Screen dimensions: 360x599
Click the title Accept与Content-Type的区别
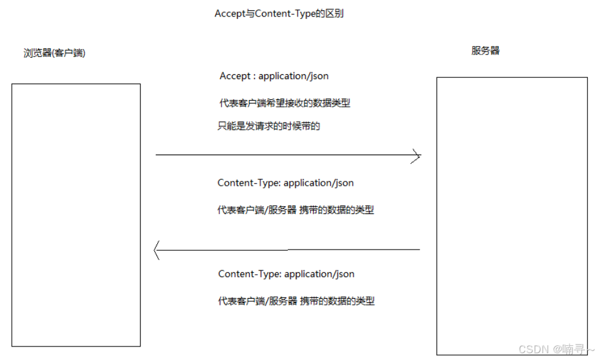click(x=279, y=13)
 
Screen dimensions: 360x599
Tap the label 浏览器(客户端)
click(x=55, y=53)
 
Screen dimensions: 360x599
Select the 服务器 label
click(x=485, y=51)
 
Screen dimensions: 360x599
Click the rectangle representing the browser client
click(x=76, y=215)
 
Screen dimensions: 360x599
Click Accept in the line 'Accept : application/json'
click(x=234, y=76)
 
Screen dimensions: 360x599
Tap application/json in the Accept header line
click(x=293, y=76)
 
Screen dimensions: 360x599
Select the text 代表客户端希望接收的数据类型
click(x=285, y=103)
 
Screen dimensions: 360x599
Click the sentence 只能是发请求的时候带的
click(x=269, y=126)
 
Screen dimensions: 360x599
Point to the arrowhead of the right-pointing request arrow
click(x=417, y=156)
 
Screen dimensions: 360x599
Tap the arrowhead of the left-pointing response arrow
click(x=157, y=250)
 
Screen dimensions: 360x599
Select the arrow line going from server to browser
click(x=288, y=250)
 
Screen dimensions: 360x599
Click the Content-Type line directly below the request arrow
click(x=285, y=183)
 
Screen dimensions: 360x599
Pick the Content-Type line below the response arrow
click(x=286, y=274)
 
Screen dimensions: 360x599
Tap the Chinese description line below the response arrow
click(x=296, y=301)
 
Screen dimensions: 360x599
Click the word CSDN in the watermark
click(x=533, y=349)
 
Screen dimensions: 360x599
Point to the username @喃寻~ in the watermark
click(x=574, y=349)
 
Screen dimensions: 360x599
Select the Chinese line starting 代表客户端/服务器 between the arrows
click(x=295, y=210)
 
